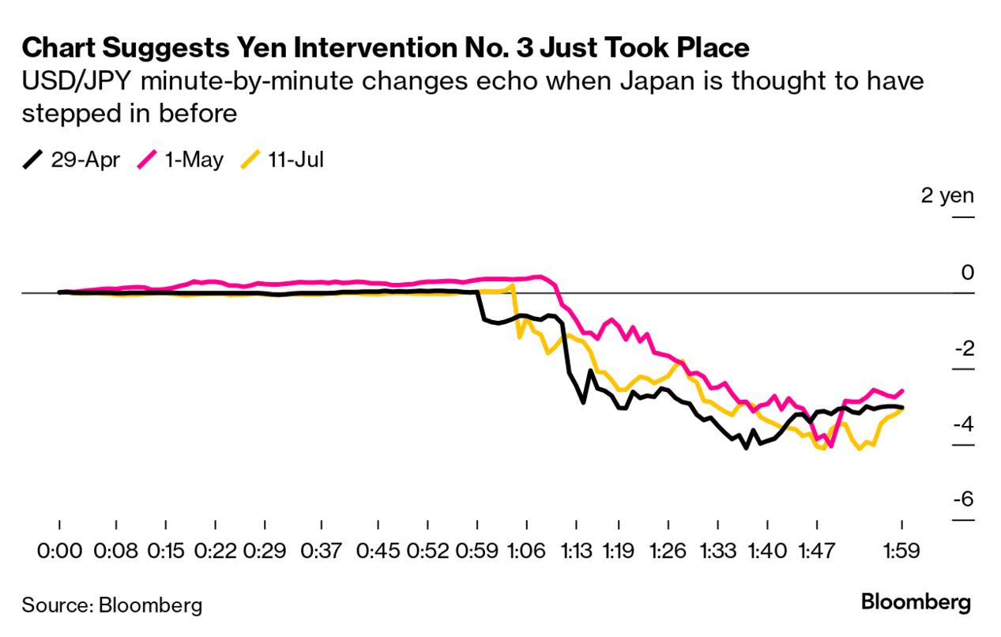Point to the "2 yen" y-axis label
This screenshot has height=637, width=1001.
(x=947, y=195)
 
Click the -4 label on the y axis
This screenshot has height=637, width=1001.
(x=961, y=424)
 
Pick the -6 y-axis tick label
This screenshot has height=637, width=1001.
(x=961, y=500)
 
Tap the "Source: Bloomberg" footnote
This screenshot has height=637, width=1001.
(x=111, y=606)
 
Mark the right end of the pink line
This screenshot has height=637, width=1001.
(x=902, y=390)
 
